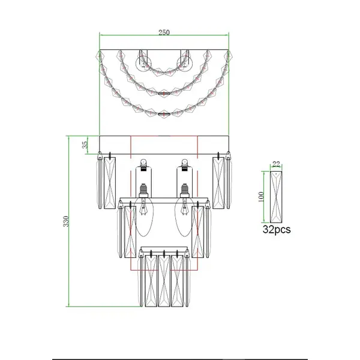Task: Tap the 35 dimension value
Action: click(85, 144)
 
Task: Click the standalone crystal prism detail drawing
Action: click(276, 197)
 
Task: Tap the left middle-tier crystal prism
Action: click(127, 234)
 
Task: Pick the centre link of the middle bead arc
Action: click(163, 93)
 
